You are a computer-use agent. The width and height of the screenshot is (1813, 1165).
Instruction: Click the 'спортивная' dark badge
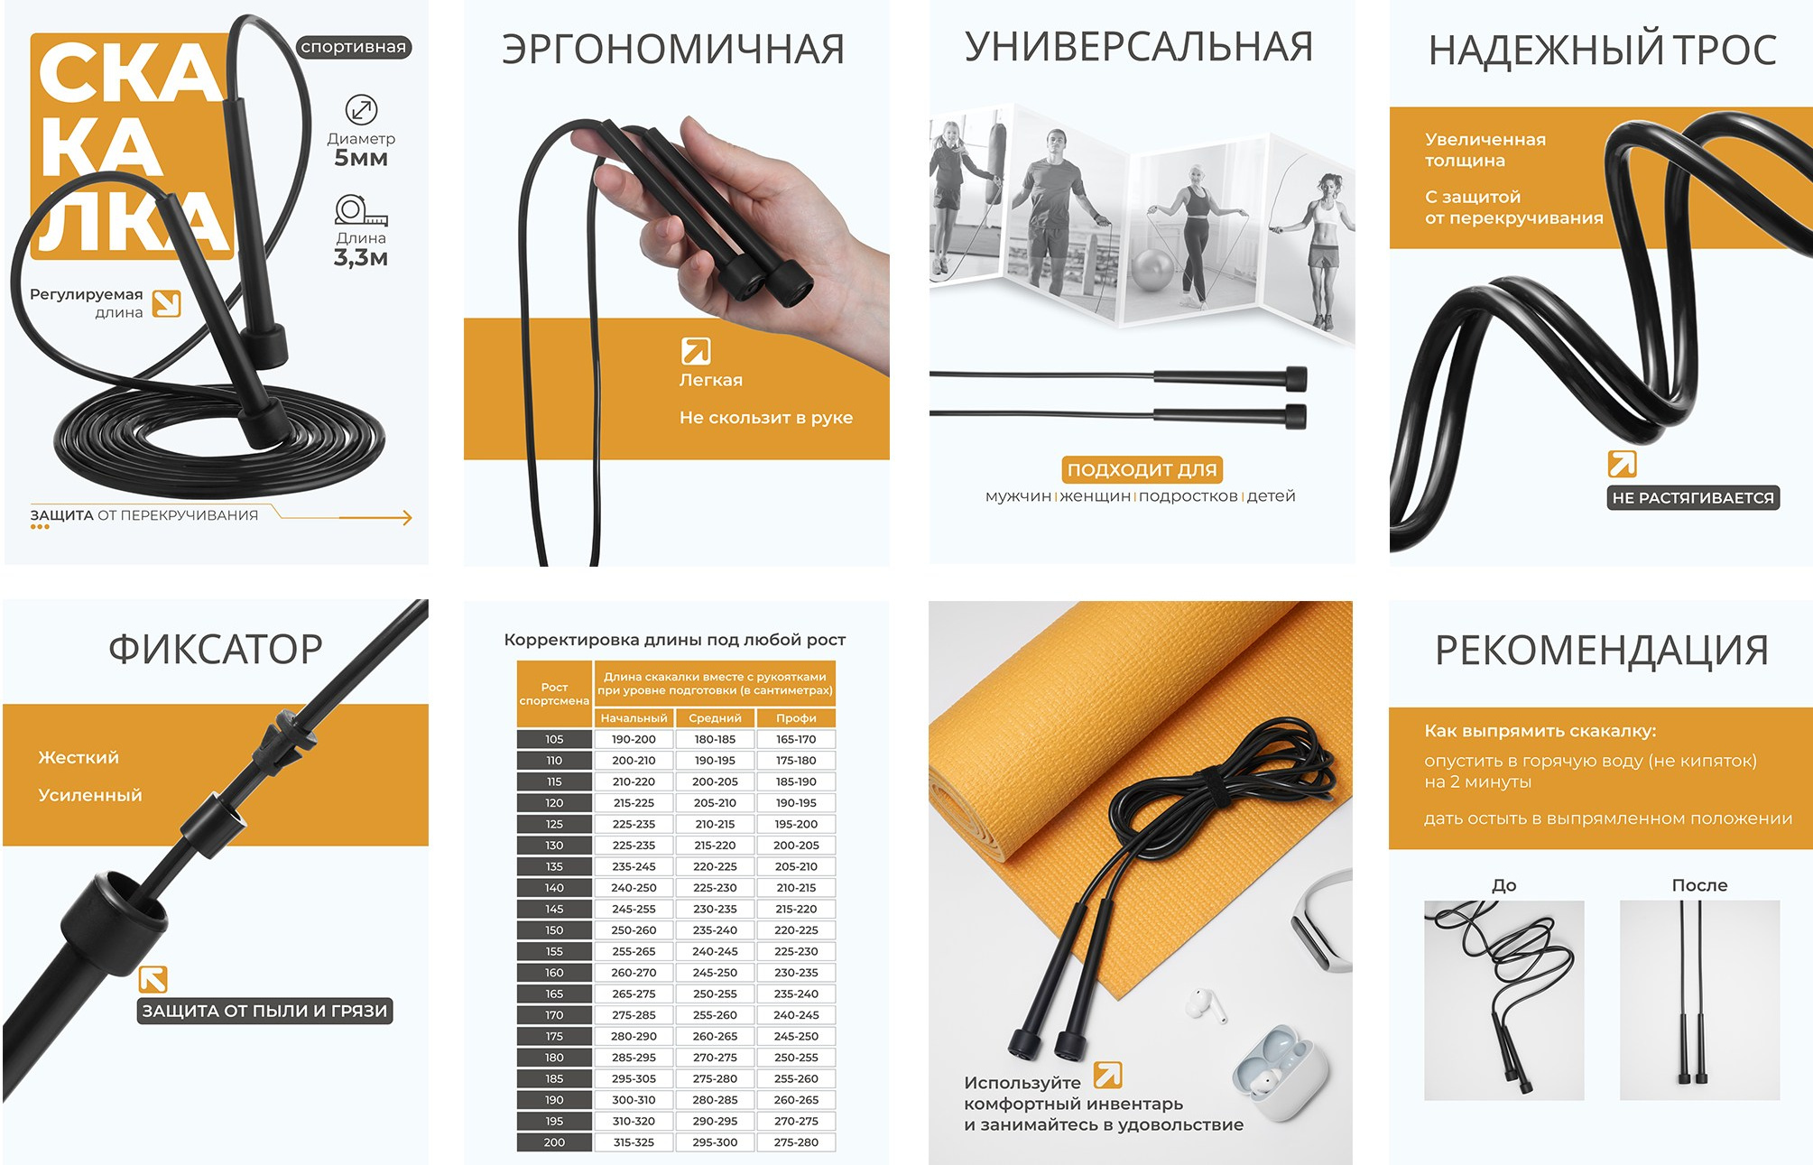point(354,47)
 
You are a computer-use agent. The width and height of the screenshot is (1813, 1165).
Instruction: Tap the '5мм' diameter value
point(361,158)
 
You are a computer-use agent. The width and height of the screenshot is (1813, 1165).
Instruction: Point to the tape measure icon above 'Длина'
point(360,210)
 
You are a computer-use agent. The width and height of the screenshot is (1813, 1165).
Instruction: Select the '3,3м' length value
point(361,258)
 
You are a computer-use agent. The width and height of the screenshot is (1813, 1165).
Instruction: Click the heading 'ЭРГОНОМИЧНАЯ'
point(673,49)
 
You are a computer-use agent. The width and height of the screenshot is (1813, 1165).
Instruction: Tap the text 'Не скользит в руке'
point(765,418)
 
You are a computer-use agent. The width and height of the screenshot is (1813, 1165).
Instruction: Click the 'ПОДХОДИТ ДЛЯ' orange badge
point(1142,469)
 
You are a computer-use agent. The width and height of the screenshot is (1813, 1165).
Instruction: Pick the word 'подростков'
point(1188,496)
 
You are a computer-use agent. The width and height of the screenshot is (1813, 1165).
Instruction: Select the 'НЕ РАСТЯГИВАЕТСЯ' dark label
point(1692,498)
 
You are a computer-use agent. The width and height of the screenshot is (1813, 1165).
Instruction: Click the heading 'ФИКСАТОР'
point(216,649)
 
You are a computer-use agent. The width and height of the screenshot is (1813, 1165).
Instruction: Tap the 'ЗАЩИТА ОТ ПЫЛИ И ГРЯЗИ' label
point(264,1011)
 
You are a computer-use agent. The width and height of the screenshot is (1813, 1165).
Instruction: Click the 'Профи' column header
point(796,718)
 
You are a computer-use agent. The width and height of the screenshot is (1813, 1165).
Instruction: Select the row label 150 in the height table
point(554,930)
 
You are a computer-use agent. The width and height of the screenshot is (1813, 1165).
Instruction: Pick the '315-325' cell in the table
point(634,1142)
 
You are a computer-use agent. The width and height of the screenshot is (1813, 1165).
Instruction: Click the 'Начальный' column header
point(634,718)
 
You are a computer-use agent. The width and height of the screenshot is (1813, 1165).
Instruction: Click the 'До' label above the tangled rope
point(1503,885)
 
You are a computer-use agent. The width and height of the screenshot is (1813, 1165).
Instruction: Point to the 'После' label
point(1699,885)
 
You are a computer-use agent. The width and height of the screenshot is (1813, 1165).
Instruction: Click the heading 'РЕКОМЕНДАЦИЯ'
point(1601,650)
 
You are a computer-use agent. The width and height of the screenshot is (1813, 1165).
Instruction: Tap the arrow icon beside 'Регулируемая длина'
point(166,304)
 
